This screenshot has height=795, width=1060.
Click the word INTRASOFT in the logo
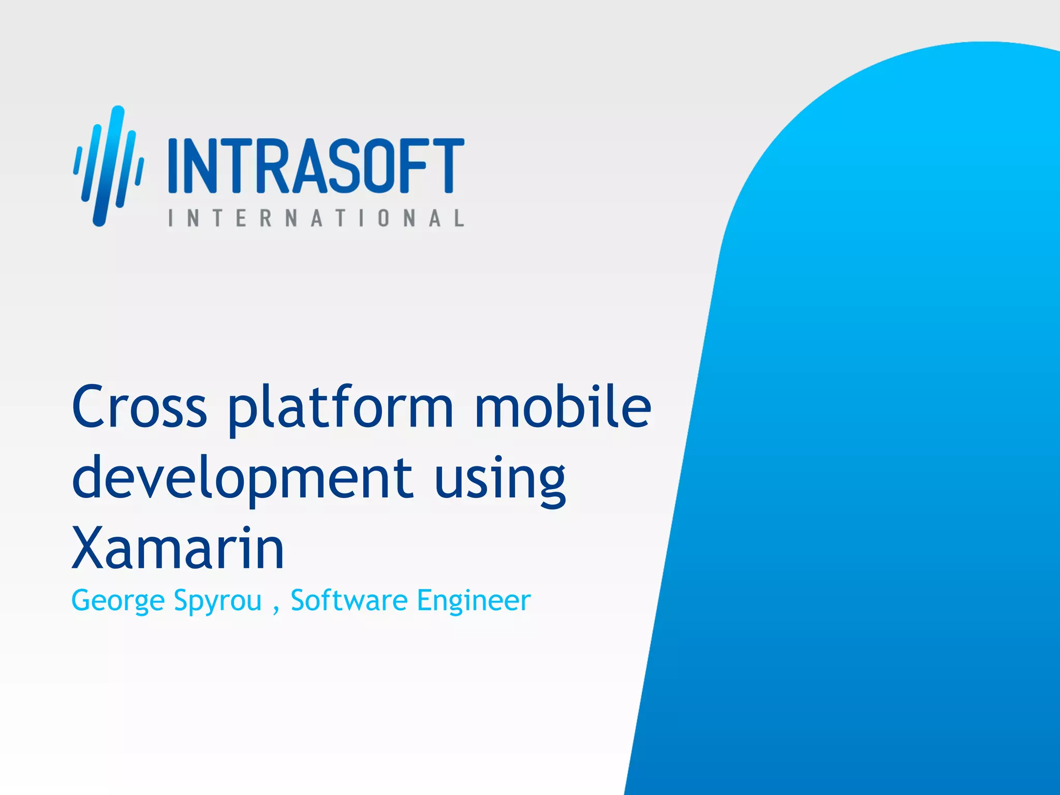coord(316,166)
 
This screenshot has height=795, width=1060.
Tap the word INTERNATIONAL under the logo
coord(316,218)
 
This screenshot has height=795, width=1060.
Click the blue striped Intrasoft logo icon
coord(108,166)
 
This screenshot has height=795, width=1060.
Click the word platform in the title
coord(341,409)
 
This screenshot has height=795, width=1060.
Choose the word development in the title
coord(242,479)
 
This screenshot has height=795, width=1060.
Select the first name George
coord(117,601)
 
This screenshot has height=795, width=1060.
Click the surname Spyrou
coord(217,601)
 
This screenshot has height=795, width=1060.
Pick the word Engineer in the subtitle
coord(474,601)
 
